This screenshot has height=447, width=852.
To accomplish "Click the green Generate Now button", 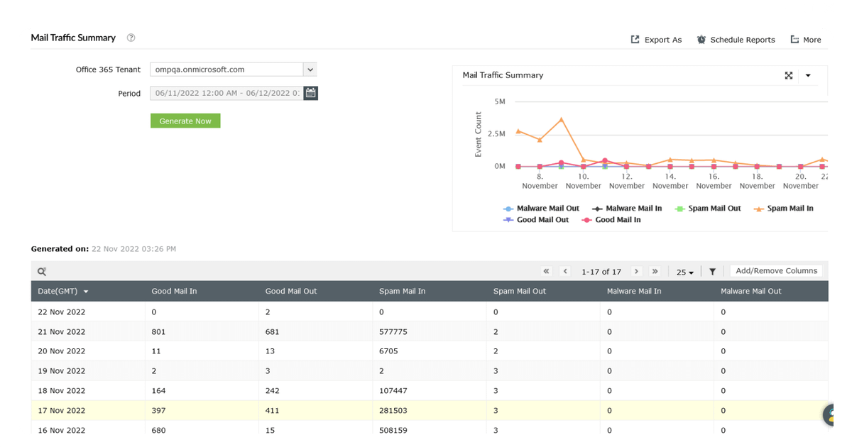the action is click(185, 121).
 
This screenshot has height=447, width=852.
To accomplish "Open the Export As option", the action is click(656, 40).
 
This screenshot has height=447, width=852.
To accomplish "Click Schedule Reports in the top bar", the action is click(736, 40).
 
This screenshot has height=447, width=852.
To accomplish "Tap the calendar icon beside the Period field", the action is click(310, 93).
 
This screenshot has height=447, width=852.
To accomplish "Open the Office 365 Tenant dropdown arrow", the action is click(310, 70).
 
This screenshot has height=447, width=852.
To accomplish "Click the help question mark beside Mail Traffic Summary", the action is click(131, 38).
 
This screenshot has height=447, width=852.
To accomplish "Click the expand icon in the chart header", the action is click(789, 76).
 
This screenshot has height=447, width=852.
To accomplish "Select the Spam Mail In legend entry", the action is click(784, 209).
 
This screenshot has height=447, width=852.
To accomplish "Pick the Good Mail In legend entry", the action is click(611, 220).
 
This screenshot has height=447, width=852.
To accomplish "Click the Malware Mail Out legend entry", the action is click(541, 209).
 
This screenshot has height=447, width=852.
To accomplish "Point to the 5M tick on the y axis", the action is click(500, 101).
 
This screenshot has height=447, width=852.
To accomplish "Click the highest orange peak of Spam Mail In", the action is click(562, 119).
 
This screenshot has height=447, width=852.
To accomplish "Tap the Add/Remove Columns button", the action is click(776, 270).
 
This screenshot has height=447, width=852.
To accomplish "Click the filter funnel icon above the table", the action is click(712, 271).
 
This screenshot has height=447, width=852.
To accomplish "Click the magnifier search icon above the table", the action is click(42, 271).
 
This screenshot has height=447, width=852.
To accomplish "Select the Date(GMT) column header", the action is click(58, 291).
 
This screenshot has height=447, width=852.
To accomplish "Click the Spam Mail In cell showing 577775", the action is click(393, 331).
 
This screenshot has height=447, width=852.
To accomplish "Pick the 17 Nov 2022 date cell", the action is click(61, 411).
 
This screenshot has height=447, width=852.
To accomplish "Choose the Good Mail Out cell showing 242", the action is click(272, 391).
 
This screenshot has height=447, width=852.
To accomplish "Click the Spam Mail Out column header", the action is click(519, 291).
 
